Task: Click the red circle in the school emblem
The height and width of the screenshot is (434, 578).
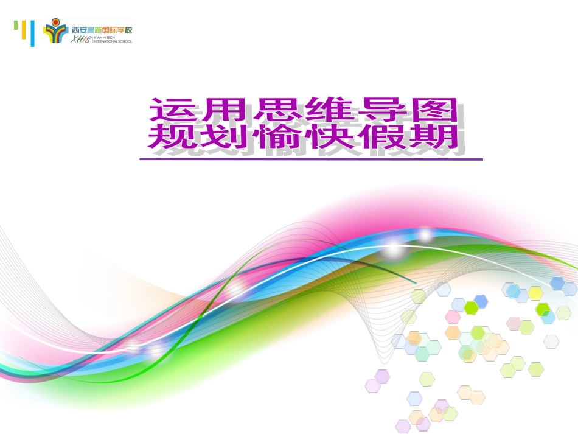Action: tap(56, 23)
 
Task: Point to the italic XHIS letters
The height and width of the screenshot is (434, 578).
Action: tap(81, 39)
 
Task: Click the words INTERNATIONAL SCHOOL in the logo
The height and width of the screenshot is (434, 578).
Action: tap(112, 41)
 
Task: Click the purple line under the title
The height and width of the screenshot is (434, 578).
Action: tap(310, 159)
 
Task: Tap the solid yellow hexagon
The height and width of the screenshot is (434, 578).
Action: tap(535, 293)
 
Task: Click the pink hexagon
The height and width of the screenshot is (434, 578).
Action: tap(453, 317)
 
